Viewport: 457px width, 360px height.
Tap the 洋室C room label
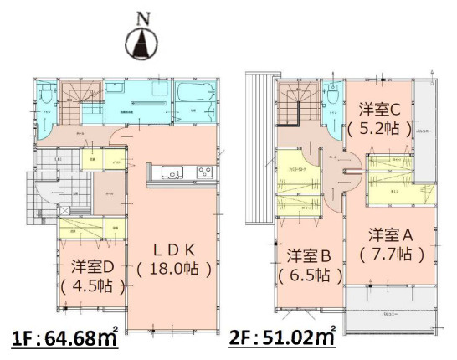pos(381,109)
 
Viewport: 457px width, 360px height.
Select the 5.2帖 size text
pos(381,129)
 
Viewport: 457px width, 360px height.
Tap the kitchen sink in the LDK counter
pos(171,174)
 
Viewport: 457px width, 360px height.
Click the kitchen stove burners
pos(205,173)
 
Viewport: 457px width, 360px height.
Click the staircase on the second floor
pos(294,105)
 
